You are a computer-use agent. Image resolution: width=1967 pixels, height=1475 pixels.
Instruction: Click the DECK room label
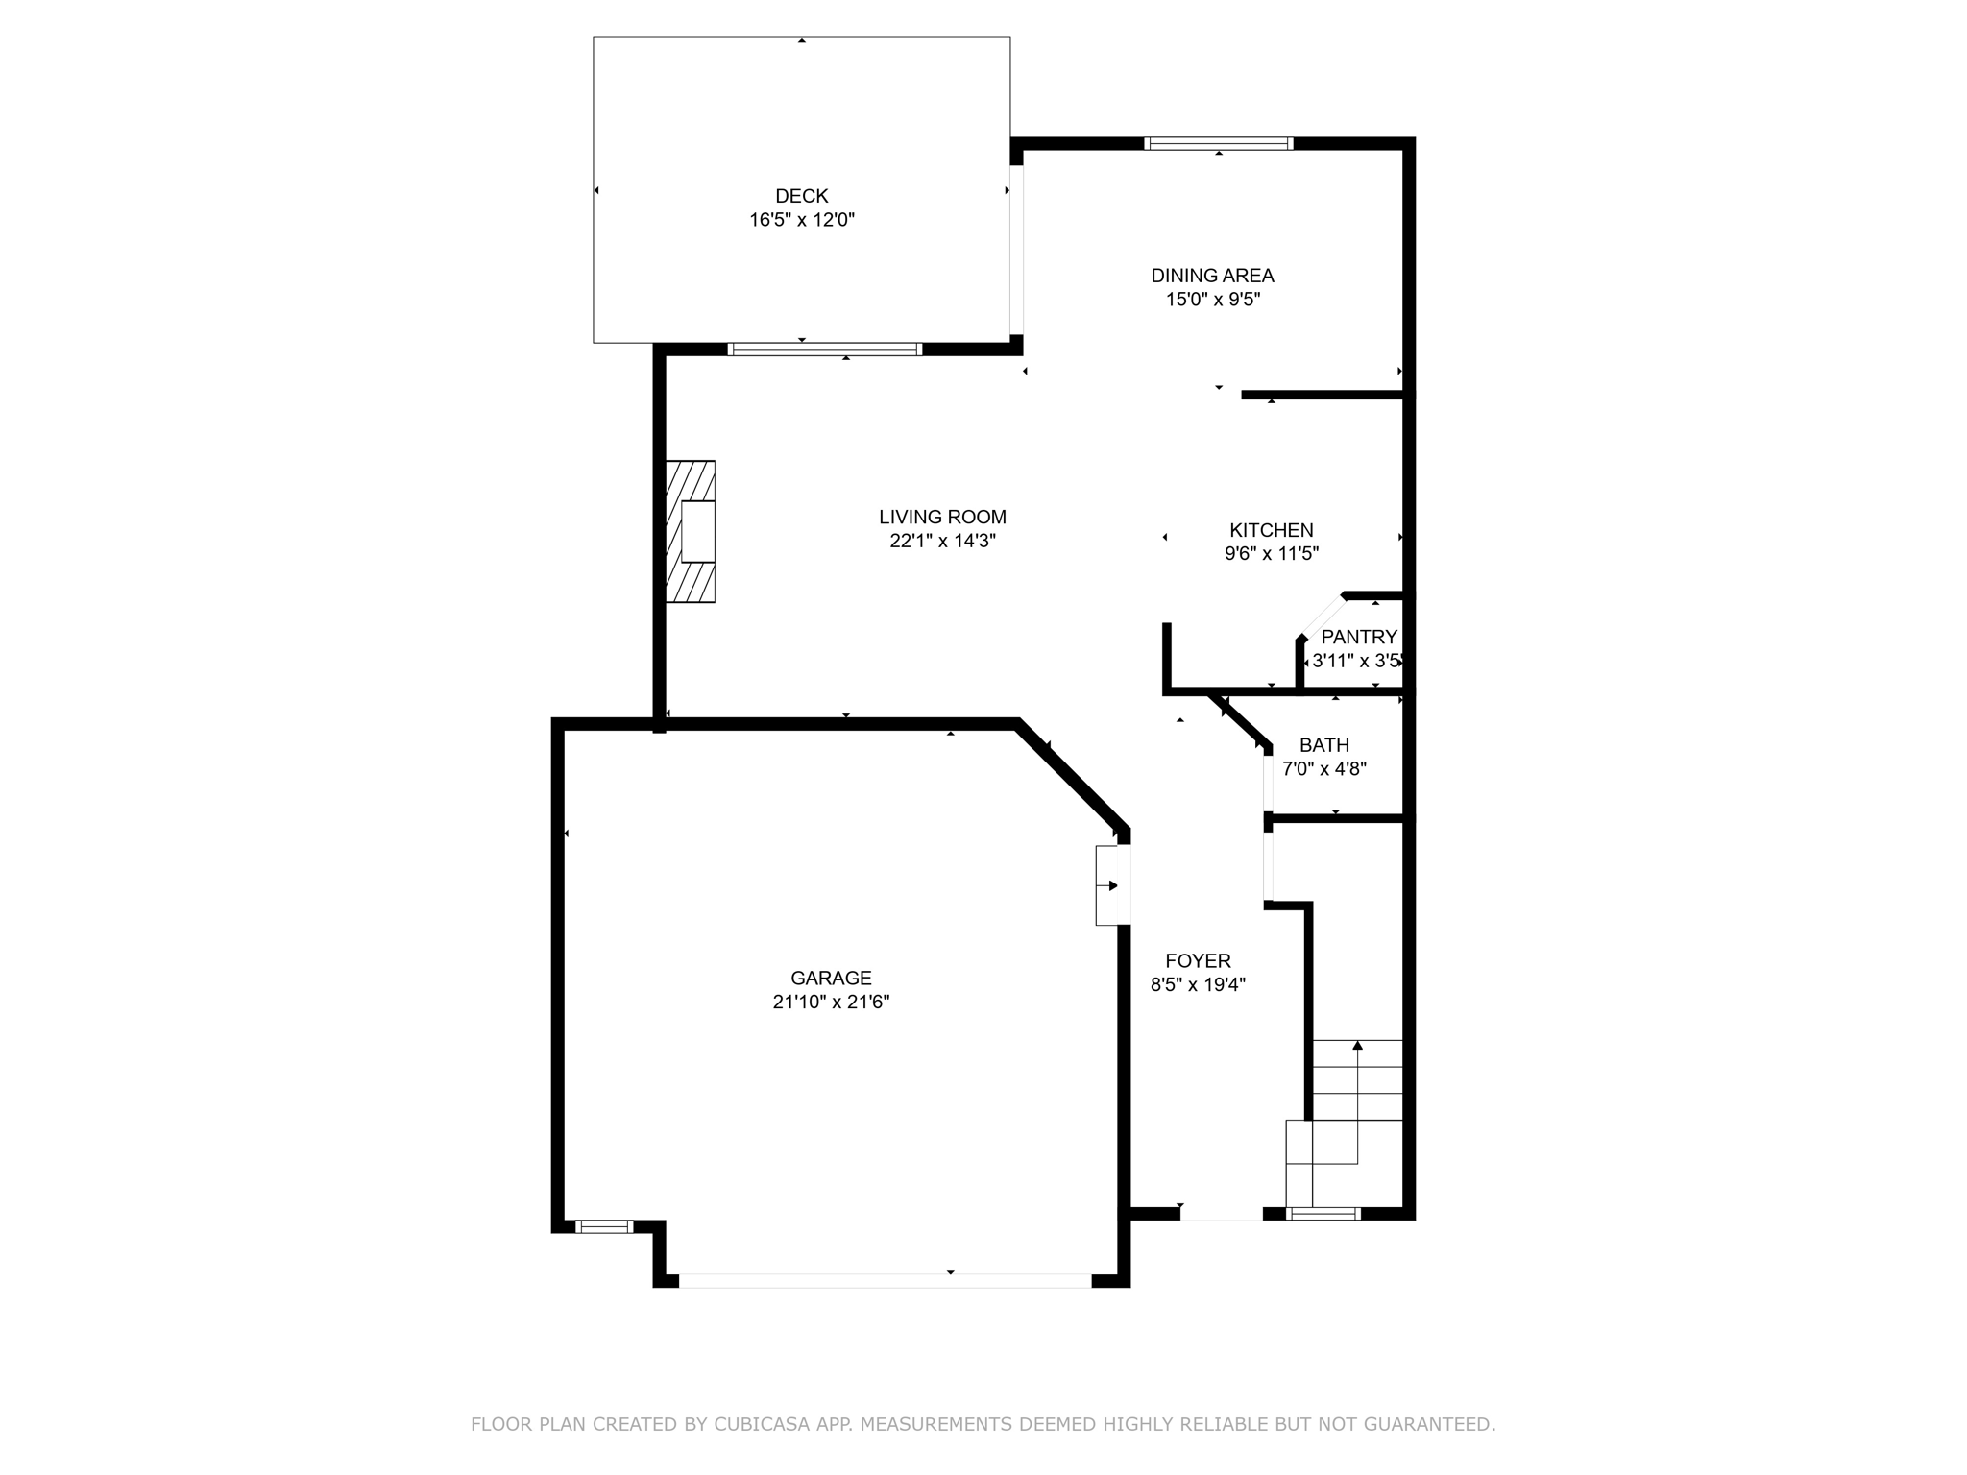[801, 196]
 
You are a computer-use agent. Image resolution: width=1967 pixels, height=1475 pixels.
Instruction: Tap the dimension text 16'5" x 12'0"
[801, 220]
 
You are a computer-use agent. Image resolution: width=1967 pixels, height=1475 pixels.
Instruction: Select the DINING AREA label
[1212, 276]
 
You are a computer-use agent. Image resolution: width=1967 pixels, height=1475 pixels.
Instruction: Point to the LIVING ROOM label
[942, 517]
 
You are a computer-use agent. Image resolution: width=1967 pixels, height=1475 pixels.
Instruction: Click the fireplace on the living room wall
[692, 531]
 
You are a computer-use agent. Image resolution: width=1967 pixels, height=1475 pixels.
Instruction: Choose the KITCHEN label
[1271, 530]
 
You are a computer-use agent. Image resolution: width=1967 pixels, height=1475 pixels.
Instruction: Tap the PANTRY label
[1358, 637]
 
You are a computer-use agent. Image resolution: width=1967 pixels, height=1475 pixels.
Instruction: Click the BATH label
[1323, 745]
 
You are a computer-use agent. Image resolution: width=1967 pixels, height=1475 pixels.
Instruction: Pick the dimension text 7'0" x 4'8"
[1323, 768]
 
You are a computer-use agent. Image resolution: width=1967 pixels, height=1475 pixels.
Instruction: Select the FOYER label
[1198, 961]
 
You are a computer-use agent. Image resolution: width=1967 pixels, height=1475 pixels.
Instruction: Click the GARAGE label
[831, 979]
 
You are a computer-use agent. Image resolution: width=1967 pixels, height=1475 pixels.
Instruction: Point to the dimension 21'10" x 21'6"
[831, 1002]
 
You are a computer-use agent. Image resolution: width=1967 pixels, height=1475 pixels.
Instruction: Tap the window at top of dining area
[1218, 144]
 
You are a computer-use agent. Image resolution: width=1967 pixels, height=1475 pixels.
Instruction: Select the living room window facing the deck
[824, 350]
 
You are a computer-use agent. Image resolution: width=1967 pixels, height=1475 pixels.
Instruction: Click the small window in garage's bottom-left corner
[604, 1226]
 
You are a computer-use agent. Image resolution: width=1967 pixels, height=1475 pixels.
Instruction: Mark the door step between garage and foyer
[1111, 885]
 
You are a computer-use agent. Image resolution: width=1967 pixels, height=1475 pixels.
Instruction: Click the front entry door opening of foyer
[1221, 1214]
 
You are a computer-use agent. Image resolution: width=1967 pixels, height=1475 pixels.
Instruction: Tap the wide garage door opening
[885, 1280]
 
